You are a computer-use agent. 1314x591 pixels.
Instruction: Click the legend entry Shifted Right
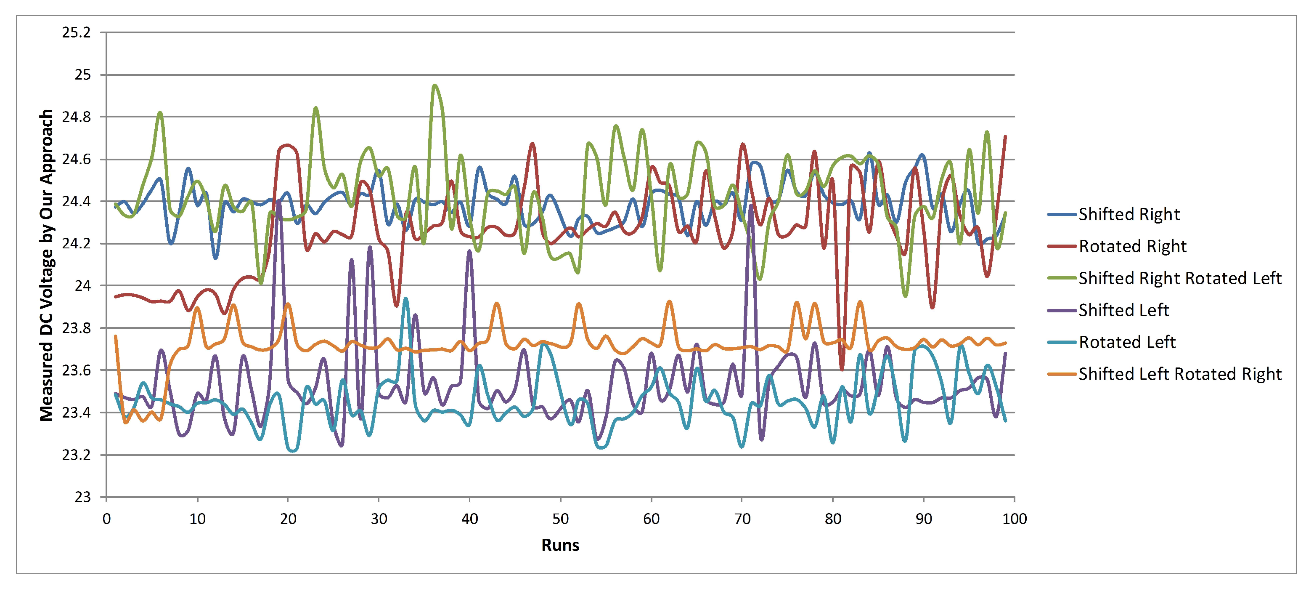point(1129,214)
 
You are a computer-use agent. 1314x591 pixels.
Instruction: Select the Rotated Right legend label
point(1132,247)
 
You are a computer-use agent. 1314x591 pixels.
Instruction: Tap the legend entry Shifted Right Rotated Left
point(1179,278)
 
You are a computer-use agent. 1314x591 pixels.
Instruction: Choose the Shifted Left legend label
point(1123,310)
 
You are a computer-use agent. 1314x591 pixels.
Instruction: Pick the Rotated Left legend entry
point(1127,342)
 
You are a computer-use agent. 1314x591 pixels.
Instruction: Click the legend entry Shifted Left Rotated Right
point(1179,374)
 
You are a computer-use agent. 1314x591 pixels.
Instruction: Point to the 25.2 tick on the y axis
point(76,33)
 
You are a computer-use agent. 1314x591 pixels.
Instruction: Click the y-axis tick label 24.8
point(76,117)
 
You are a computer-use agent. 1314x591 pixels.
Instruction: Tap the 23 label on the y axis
point(82,497)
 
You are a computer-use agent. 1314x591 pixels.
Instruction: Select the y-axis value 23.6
point(76,370)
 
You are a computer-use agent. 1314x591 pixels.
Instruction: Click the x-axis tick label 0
point(106,519)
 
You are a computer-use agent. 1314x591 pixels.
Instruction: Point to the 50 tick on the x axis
point(560,519)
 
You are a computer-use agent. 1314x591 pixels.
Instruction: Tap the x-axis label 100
point(1014,519)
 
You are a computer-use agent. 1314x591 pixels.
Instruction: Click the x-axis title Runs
point(560,546)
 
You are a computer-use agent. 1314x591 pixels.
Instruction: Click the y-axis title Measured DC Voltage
point(46,265)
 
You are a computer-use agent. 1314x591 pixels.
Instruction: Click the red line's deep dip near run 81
point(842,368)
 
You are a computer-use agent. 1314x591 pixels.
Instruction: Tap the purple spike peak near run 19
point(278,202)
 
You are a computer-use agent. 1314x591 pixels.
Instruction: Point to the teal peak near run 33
point(405,298)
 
